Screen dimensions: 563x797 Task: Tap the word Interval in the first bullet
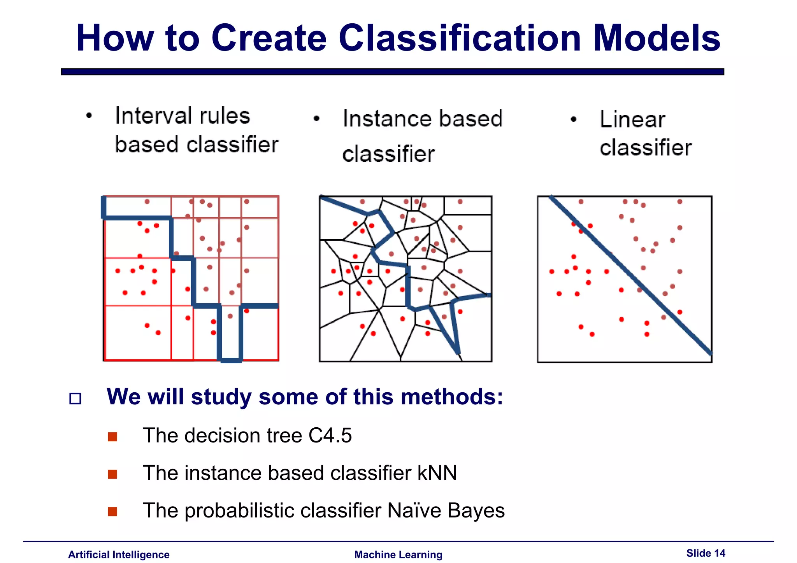tap(182, 116)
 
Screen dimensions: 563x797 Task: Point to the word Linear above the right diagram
tap(632, 119)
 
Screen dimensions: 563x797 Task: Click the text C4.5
tap(330, 435)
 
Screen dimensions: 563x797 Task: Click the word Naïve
tap(414, 510)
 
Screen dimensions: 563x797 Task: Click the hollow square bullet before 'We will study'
tap(75, 399)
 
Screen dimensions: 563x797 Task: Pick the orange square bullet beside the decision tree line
tap(112, 437)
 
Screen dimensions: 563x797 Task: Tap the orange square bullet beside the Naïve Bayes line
tap(112, 511)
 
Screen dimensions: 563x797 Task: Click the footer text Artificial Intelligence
tap(119, 554)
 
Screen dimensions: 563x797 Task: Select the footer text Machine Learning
tap(398, 554)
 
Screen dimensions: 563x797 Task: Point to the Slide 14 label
tap(706, 553)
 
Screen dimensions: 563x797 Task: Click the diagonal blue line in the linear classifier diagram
tap(630, 275)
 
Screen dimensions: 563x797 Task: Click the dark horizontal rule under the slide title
tap(392, 72)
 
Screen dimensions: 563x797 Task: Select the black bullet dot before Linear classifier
tap(573, 119)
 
